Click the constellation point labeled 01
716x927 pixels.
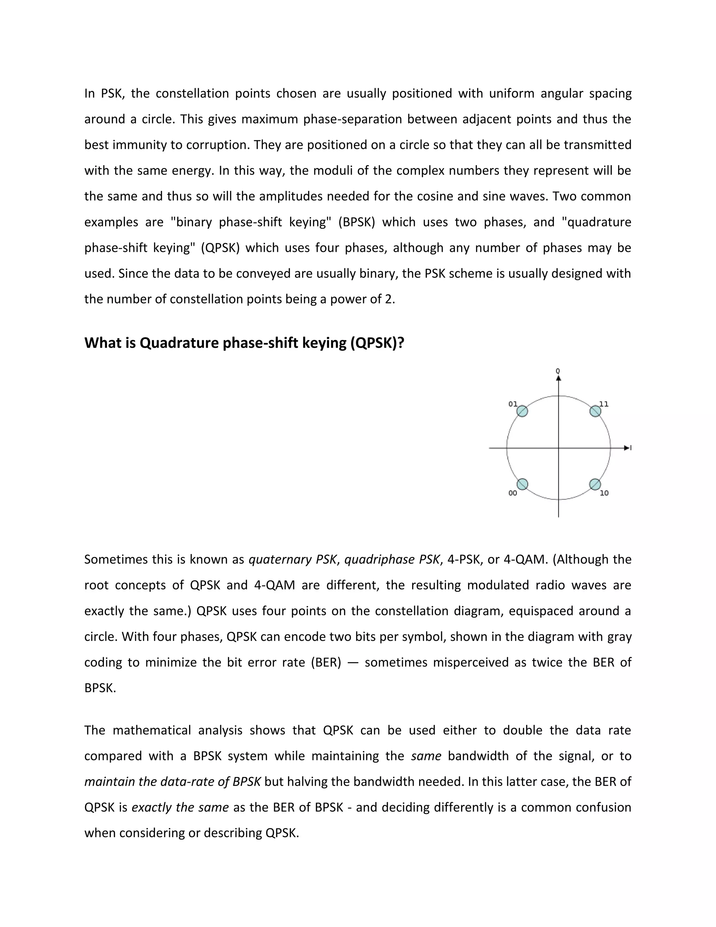(x=522, y=411)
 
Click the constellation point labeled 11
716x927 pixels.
(x=595, y=411)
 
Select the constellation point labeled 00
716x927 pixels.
(x=522, y=484)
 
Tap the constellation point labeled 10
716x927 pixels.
(x=595, y=484)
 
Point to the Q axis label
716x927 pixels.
(x=558, y=371)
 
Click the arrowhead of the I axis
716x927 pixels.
(x=626, y=448)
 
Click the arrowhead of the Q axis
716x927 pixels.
(x=558, y=378)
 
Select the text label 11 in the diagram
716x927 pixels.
(x=604, y=404)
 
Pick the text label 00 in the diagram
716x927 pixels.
(x=513, y=493)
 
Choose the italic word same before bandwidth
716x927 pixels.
(x=426, y=756)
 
